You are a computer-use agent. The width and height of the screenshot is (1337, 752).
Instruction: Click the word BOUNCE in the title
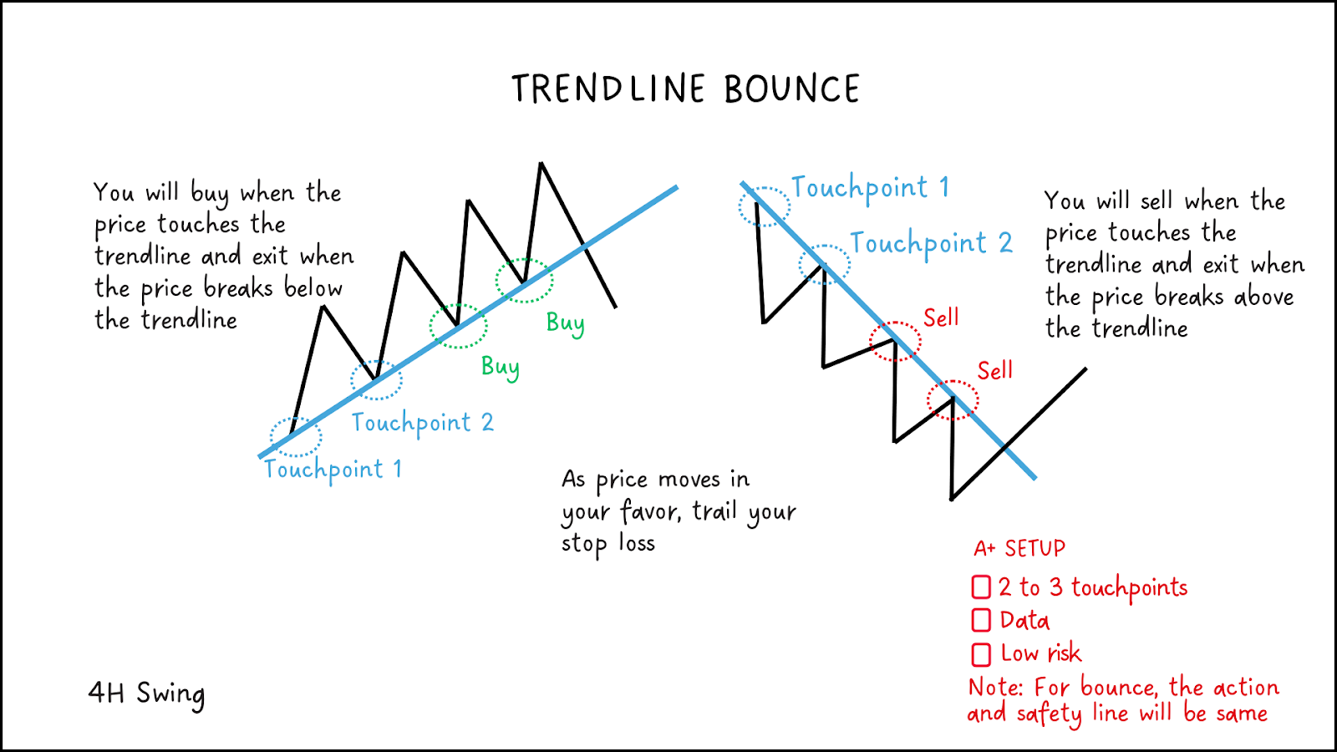(x=792, y=89)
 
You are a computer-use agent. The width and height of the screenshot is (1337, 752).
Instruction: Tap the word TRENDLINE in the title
(x=608, y=89)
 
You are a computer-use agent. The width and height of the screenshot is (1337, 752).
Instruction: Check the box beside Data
(x=981, y=620)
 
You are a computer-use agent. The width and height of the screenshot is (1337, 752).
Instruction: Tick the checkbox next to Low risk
(x=981, y=654)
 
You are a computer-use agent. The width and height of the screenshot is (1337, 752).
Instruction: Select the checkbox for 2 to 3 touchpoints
(x=981, y=587)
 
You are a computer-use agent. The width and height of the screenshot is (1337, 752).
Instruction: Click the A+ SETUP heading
(x=1019, y=548)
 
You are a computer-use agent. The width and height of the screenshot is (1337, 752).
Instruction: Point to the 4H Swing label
(x=146, y=694)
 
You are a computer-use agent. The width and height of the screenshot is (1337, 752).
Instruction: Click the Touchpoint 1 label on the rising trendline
(x=333, y=469)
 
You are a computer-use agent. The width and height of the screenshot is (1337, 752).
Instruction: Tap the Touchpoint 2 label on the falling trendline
(x=931, y=243)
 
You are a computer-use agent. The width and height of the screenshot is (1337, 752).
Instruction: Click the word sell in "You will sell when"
(x=1157, y=201)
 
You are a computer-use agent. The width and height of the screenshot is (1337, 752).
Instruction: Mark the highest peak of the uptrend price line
(x=541, y=162)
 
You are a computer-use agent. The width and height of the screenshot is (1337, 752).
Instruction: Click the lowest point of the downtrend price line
(x=952, y=498)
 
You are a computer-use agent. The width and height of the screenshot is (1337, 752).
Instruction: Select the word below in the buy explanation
(x=313, y=288)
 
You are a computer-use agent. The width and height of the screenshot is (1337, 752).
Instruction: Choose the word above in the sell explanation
(x=1263, y=297)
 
